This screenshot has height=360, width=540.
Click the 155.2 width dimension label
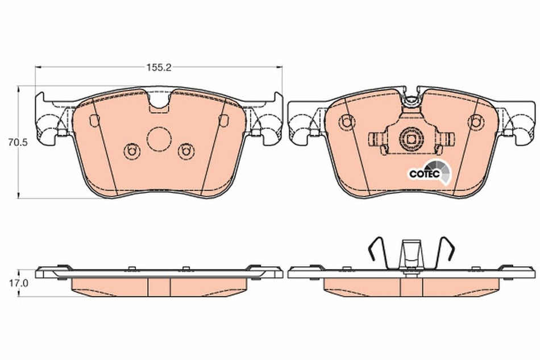coord(159,67)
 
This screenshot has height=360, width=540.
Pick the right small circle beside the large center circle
coord(184,151)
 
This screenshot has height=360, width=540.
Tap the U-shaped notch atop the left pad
coord(159,102)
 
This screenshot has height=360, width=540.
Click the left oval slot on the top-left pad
coord(94,120)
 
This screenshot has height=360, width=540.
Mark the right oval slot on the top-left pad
coord(223,121)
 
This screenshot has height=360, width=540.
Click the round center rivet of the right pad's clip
coord(410,138)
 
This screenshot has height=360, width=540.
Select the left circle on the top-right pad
coord(345,121)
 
